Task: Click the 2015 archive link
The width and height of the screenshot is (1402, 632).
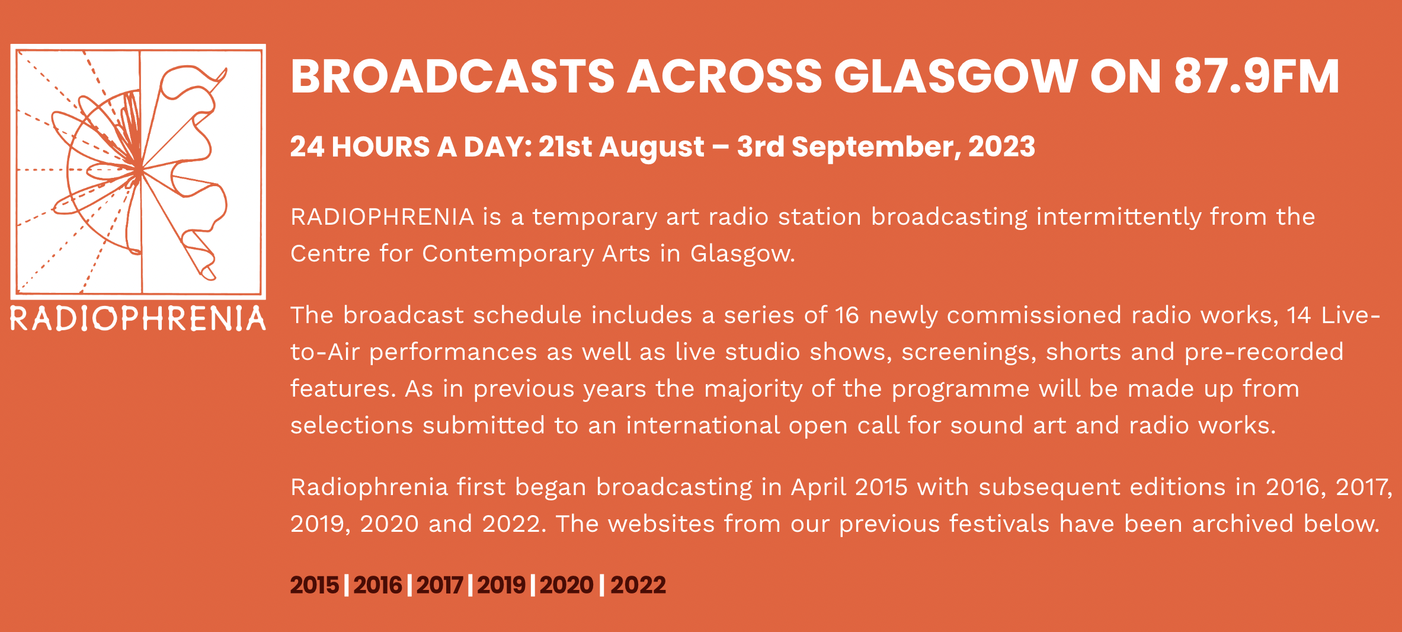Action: pos(314,585)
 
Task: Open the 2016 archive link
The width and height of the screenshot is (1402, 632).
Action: pos(377,585)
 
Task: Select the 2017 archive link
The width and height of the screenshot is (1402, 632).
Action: pos(440,585)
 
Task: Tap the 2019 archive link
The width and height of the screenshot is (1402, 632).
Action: pos(501,585)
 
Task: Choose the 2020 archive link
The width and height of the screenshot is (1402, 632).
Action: pos(566,585)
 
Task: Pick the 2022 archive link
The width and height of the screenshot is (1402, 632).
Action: pos(638,585)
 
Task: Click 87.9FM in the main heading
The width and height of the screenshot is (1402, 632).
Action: pos(1256,76)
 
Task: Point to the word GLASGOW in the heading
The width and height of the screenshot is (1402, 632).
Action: pos(956,76)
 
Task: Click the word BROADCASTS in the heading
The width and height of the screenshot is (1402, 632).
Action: pos(453,76)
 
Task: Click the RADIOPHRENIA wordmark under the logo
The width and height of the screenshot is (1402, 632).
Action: pos(138,318)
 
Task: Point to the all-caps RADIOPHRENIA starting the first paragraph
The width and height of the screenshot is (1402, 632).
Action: pos(382,217)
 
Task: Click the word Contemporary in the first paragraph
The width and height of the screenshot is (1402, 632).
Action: pos(508,254)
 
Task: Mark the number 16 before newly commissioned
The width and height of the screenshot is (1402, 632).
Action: pos(847,315)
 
